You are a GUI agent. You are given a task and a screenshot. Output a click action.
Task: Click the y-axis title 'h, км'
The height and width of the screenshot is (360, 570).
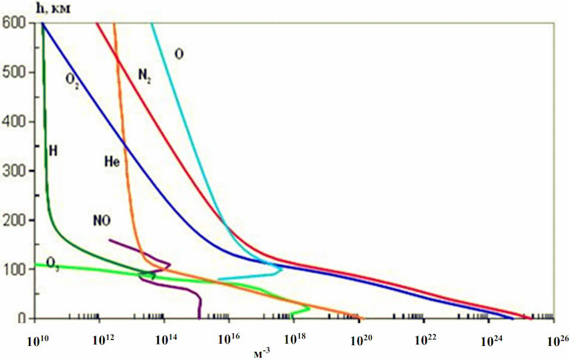point(53,8)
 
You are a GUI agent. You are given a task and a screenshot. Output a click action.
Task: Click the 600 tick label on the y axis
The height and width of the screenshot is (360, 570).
point(13,23)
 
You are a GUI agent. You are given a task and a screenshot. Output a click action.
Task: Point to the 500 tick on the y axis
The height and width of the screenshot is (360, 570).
point(13,72)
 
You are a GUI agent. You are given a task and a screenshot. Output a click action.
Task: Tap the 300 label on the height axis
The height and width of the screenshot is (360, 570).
point(13,171)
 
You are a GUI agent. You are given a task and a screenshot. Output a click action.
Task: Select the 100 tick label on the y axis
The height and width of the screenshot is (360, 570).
point(13,269)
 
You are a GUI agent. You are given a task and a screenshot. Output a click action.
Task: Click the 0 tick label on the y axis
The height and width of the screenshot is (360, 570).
point(22,318)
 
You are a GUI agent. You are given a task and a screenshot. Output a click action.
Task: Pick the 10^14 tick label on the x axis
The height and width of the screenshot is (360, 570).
point(166,341)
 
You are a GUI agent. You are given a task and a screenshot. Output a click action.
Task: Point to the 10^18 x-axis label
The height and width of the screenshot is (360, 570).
point(295,341)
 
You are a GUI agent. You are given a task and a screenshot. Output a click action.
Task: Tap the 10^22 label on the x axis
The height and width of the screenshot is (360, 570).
point(425,341)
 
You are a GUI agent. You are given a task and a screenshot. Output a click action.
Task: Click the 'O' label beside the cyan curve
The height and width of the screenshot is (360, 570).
point(179,54)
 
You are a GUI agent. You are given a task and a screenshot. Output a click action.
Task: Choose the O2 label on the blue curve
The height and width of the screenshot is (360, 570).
point(72,79)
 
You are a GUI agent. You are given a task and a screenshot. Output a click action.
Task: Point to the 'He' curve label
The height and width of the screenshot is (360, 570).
point(111,161)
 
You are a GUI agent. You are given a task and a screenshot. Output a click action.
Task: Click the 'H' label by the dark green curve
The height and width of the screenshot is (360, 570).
point(53,151)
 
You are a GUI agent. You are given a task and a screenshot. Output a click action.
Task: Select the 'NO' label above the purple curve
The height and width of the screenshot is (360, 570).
point(102,220)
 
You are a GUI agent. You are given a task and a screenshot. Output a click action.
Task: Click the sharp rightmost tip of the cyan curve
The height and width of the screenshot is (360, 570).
point(282,270)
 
